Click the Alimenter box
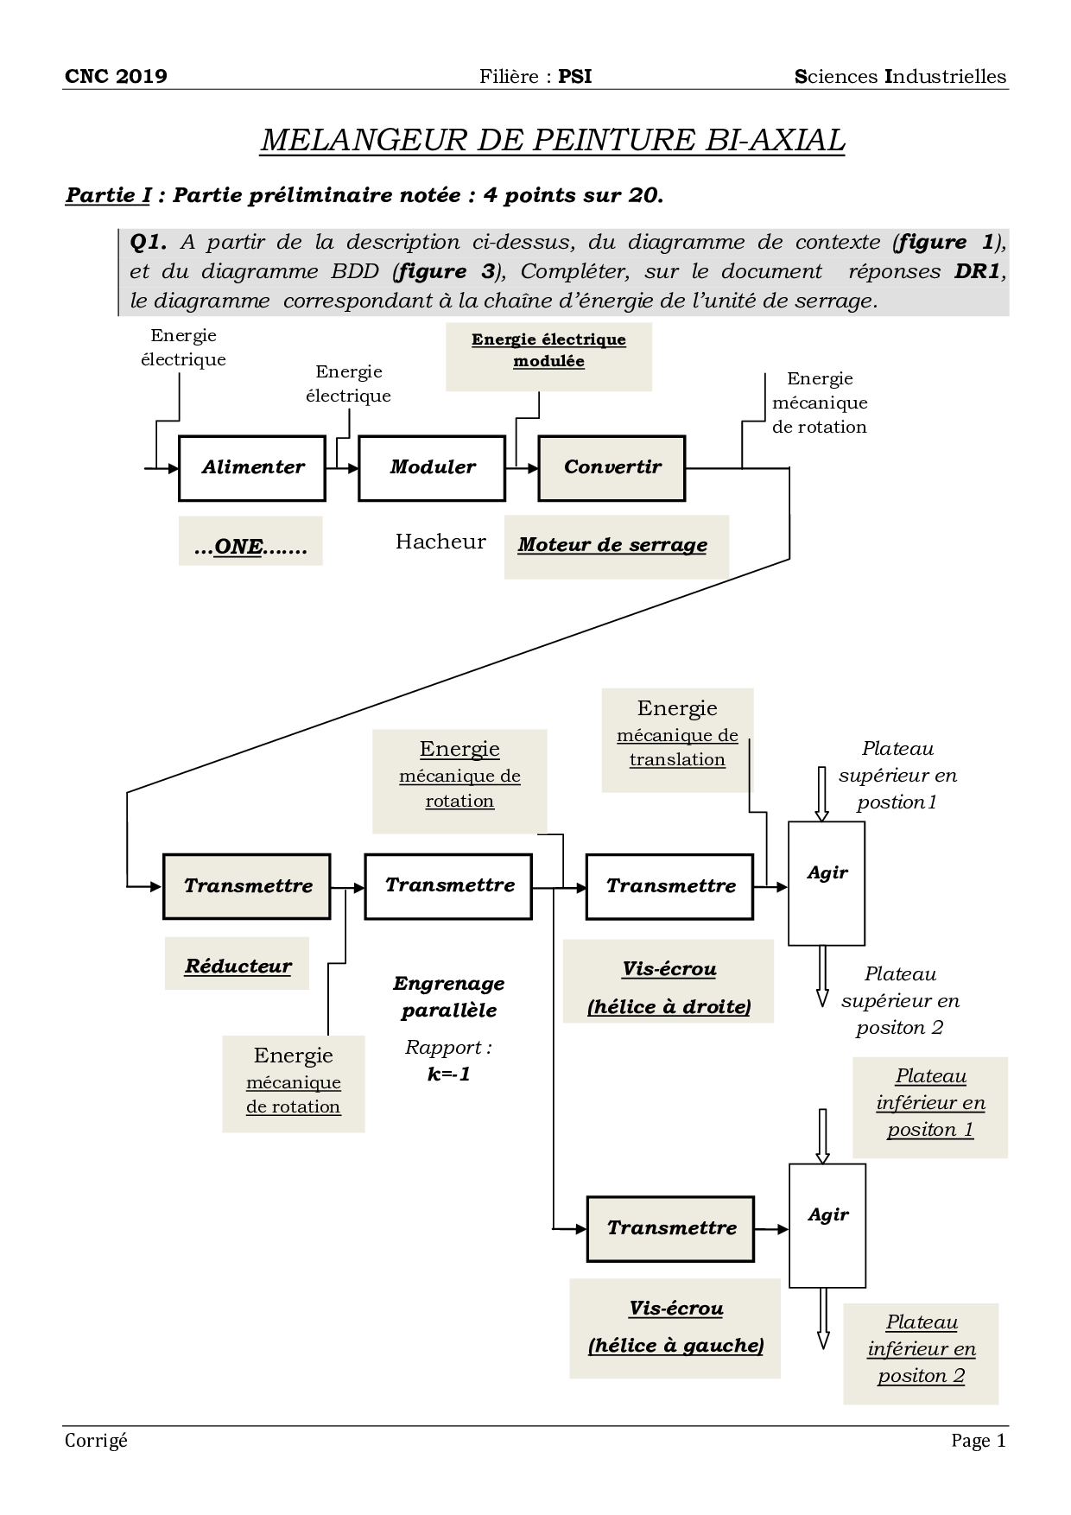(x=252, y=468)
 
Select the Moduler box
(x=432, y=468)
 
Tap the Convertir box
(x=612, y=468)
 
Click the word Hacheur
(x=440, y=542)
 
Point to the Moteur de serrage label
(x=612, y=545)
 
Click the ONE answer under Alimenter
(x=250, y=547)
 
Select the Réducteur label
(x=238, y=966)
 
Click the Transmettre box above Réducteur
(x=247, y=886)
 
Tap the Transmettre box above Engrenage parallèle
(x=448, y=886)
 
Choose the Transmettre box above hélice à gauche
(x=671, y=1228)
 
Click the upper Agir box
(x=827, y=883)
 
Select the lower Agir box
(x=827, y=1225)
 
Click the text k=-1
(x=448, y=1074)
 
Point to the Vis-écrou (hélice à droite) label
(x=669, y=987)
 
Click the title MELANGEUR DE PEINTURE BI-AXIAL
(x=552, y=140)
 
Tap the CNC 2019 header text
(x=116, y=76)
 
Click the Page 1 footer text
(x=979, y=1440)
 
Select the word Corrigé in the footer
(x=96, y=1440)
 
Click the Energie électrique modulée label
(x=548, y=350)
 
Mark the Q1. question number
(x=148, y=242)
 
